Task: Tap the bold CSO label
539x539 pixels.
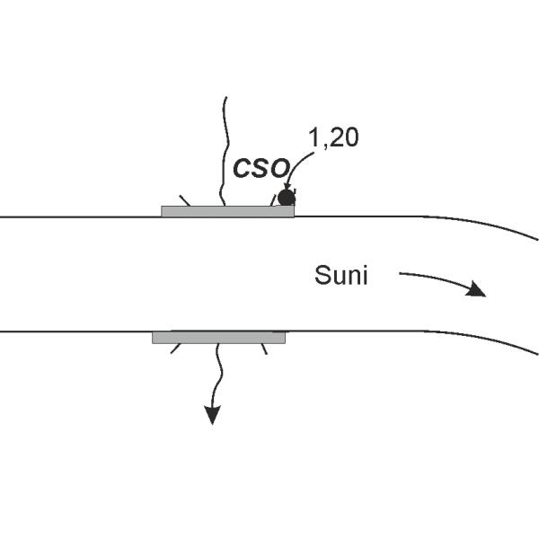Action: pos(261,169)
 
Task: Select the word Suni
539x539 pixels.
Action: pos(341,275)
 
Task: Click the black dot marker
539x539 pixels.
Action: pos(287,198)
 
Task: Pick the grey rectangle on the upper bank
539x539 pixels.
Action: pos(227,211)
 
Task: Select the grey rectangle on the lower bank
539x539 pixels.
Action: pos(218,338)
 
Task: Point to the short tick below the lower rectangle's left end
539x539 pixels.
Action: pos(175,349)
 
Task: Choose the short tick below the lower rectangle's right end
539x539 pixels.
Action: pos(263,349)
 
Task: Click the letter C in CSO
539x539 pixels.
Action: pos(243,169)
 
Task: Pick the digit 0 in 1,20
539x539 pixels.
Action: pos(350,138)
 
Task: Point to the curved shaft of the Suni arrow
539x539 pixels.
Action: pos(431,276)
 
